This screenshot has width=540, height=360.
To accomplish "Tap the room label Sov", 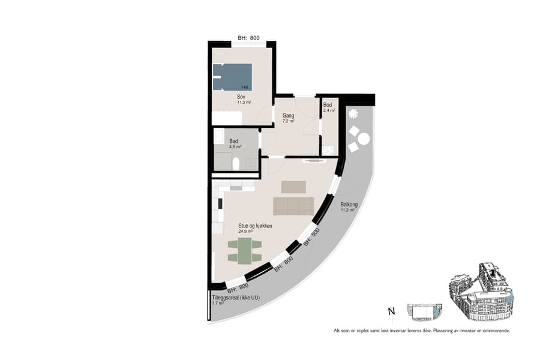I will (241, 97).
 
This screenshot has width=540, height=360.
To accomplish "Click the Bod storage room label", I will (328, 105).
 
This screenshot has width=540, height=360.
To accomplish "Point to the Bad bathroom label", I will (233, 141).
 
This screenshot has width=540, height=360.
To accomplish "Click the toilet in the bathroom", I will (236, 163).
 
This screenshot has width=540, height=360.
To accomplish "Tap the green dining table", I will (244, 250).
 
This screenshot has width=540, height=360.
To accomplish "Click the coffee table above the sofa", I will (293, 187).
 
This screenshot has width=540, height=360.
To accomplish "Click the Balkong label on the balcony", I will (349, 205).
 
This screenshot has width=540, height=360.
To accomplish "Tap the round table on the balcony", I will (363, 140).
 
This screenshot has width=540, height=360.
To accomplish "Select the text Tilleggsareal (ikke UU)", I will (235, 298).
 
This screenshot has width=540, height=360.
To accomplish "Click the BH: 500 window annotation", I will (311, 236).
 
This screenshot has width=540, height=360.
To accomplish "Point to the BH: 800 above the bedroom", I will (248, 38).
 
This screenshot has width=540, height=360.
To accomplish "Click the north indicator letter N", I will (391, 311).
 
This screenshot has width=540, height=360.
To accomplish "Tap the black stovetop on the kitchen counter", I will (220, 203).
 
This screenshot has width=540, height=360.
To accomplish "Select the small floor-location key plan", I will (424, 311).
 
